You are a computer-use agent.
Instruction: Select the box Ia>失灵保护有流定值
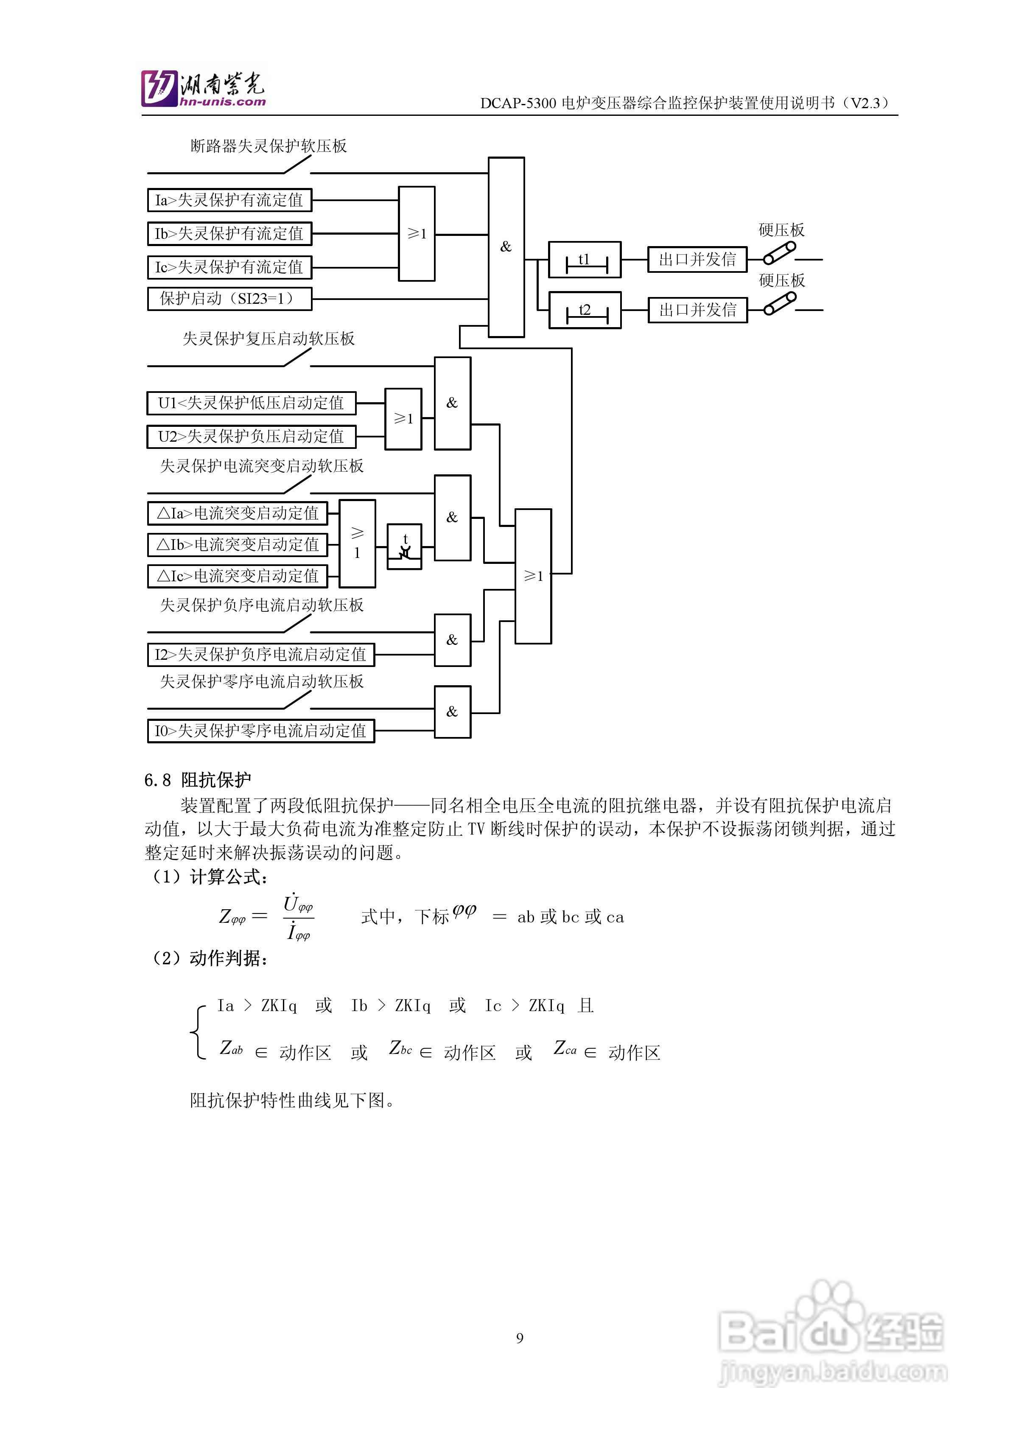coord(229,200)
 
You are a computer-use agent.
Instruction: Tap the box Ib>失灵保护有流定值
coord(229,234)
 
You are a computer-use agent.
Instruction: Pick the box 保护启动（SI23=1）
coord(229,299)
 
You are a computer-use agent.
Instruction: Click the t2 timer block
coord(585,310)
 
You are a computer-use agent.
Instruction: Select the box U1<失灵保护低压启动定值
coord(252,403)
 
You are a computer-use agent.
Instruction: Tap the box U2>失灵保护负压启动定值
coord(252,437)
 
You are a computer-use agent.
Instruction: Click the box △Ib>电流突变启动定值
coord(237,545)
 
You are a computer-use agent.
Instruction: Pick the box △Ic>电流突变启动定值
coord(237,576)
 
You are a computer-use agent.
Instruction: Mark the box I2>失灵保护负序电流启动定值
coord(261,655)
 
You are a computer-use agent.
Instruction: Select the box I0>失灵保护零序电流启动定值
coord(261,731)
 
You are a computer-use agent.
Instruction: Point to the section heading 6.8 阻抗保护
coord(198,780)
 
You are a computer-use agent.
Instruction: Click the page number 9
coord(520,1338)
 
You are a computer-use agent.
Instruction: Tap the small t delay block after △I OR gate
coord(405,546)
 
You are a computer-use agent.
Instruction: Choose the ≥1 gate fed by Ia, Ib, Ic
coord(416,234)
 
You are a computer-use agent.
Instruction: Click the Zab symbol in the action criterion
coord(231,1049)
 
